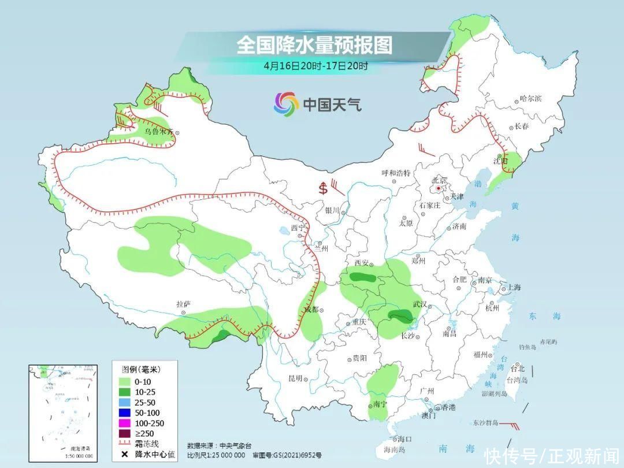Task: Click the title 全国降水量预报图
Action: tap(314, 44)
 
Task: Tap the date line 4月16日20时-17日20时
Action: tap(315, 65)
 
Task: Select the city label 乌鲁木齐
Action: tap(158, 132)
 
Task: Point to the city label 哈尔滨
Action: tap(531, 99)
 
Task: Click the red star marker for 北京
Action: tap(439, 188)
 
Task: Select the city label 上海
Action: tap(514, 287)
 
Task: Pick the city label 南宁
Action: tap(380, 404)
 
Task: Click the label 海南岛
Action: tap(395, 450)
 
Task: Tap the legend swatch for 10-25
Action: tap(124, 392)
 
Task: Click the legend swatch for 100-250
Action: tap(124, 424)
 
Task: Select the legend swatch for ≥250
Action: tap(124, 433)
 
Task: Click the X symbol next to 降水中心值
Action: tap(124, 455)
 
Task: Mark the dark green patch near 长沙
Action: tap(400, 315)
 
